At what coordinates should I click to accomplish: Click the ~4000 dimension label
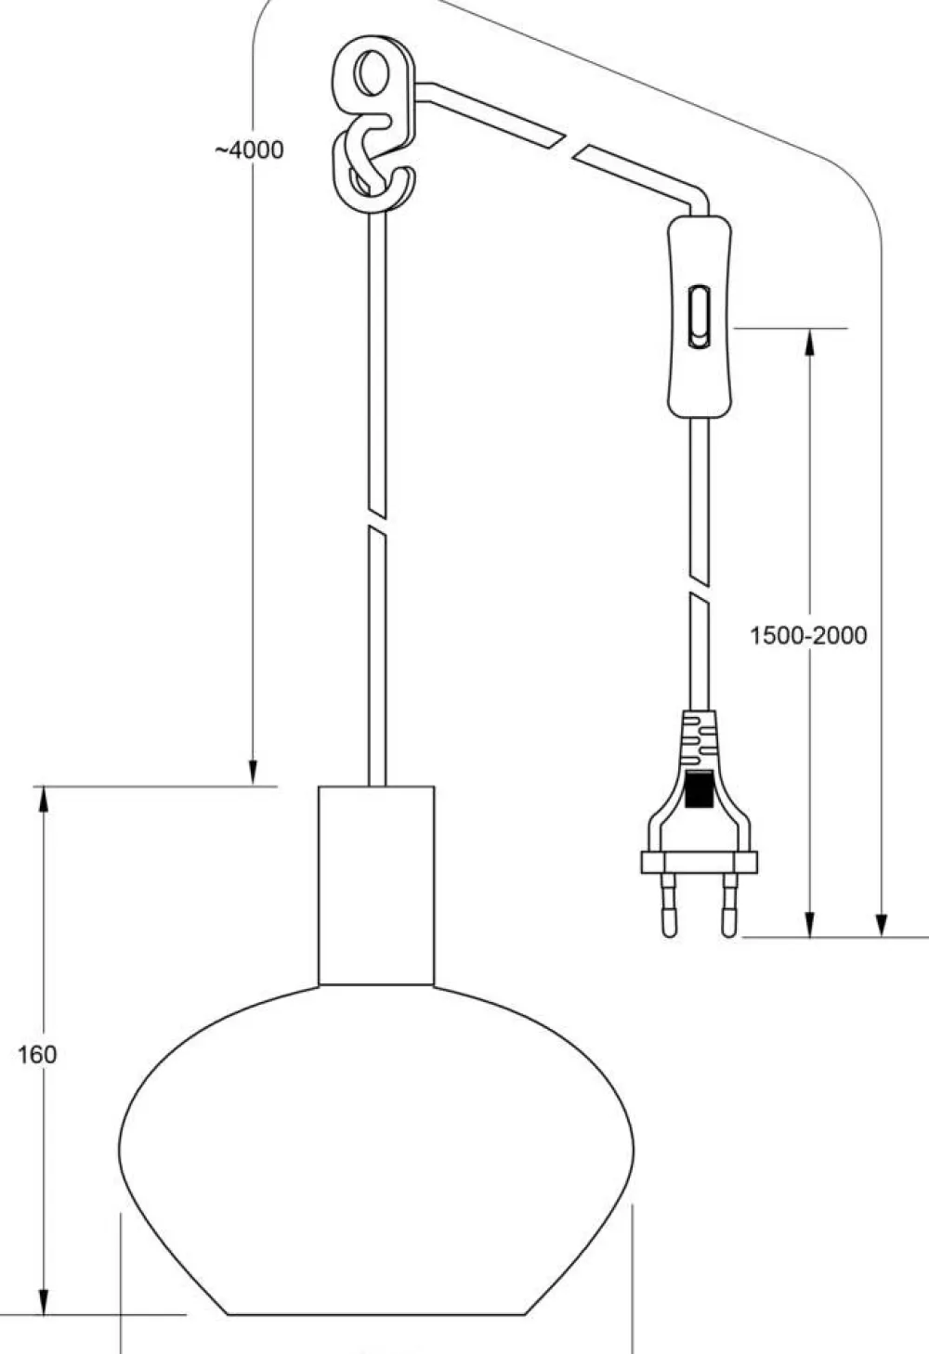(x=249, y=150)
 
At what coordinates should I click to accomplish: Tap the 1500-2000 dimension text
(x=808, y=635)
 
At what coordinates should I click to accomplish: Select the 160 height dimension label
(x=37, y=1055)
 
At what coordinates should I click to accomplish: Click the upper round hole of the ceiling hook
(x=370, y=73)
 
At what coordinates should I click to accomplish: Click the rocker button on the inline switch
(x=700, y=317)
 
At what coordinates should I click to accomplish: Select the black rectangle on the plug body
(x=699, y=789)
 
